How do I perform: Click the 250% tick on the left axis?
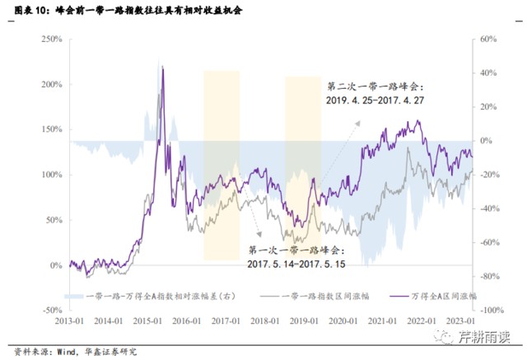51,40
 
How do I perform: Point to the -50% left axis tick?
51,311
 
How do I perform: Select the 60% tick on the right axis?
487,40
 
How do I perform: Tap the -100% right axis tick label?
490,311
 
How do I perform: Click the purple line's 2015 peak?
162,69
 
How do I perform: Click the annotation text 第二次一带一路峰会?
373,86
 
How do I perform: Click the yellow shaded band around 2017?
221,165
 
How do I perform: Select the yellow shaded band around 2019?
303,165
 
